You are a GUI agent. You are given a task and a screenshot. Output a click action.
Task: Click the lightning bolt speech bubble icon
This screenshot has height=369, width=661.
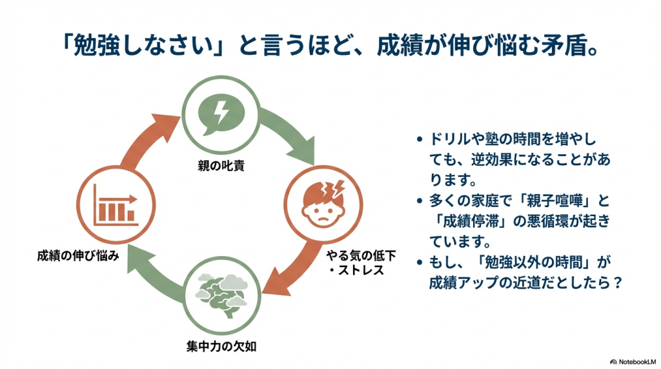point(221,114)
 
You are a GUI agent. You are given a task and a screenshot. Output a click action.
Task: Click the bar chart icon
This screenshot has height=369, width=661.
point(114,204)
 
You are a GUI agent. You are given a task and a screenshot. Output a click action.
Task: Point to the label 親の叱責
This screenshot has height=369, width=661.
point(221,166)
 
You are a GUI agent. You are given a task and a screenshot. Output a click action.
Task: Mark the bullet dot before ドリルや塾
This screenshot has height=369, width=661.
point(420,139)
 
